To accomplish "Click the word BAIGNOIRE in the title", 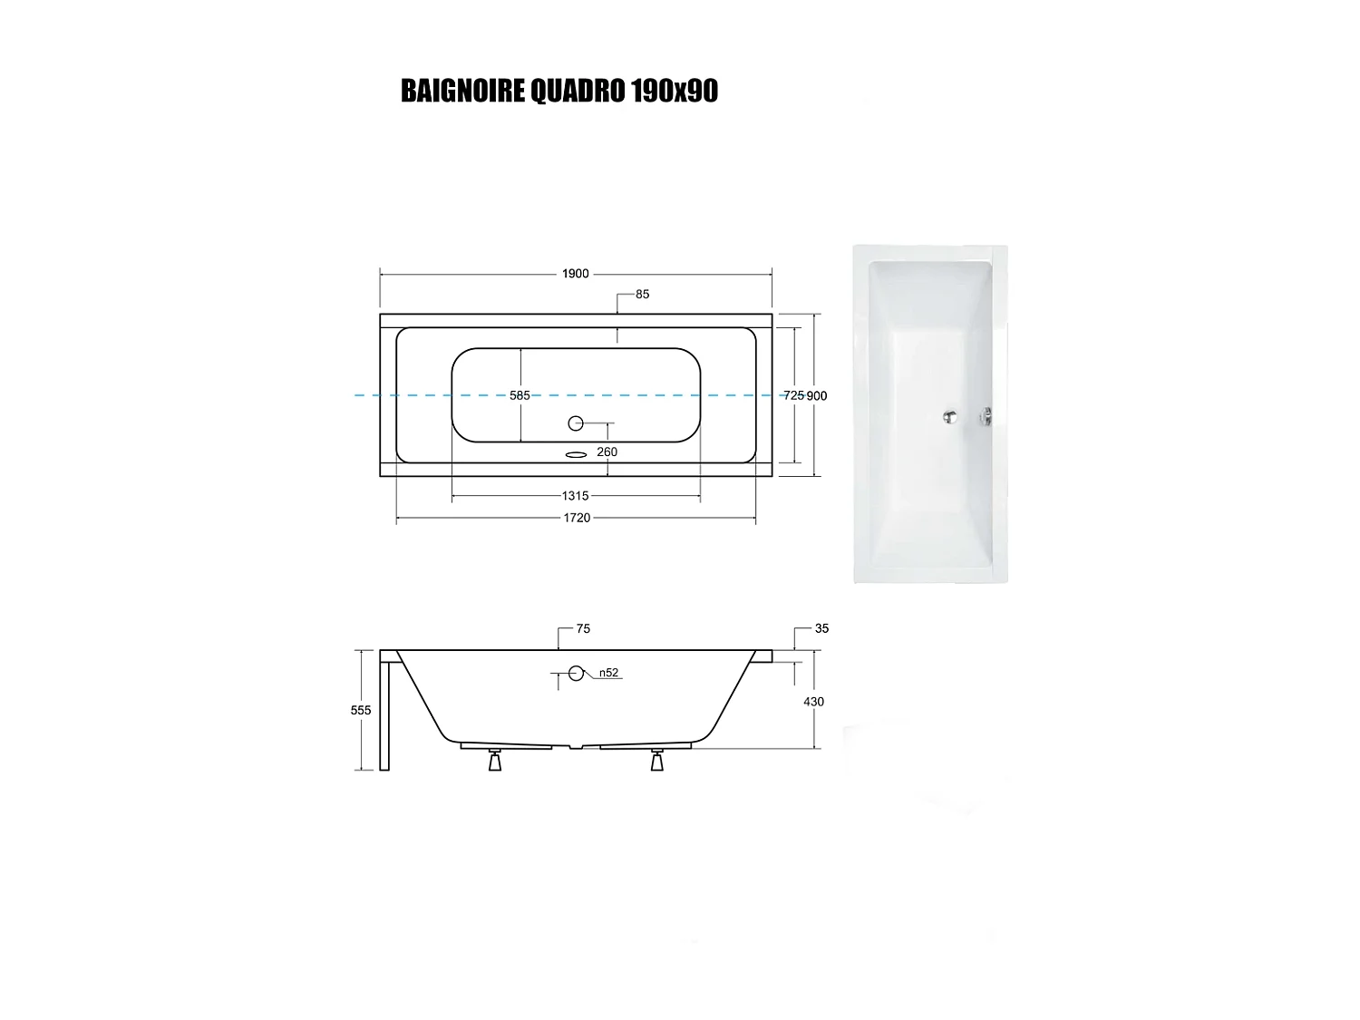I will [x=462, y=91].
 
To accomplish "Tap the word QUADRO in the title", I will [x=577, y=91].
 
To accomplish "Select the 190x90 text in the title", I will [x=674, y=91].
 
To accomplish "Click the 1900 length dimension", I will [x=576, y=274].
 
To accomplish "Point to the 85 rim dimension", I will [x=643, y=294].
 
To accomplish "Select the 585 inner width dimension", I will [x=520, y=395].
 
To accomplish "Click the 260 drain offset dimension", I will [x=607, y=452].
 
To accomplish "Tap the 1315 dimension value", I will [x=576, y=496].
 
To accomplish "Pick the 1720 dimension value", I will [x=577, y=518].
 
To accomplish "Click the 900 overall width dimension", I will [x=817, y=395].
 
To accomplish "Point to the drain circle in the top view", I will [x=576, y=423].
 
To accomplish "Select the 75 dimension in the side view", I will [x=583, y=628].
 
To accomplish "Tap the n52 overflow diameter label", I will [x=608, y=673].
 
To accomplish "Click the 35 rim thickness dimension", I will [x=821, y=628].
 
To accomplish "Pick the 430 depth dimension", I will [x=813, y=702].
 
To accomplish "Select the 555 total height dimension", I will [x=361, y=710].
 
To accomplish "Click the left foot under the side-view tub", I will [x=495, y=761].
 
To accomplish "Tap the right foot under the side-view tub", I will [x=657, y=761].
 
